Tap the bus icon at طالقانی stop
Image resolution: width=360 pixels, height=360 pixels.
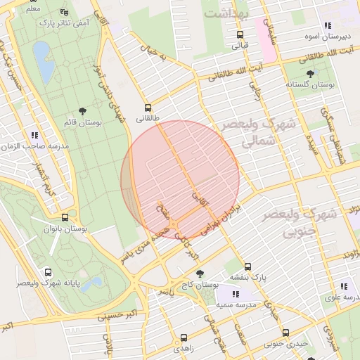click(148, 108)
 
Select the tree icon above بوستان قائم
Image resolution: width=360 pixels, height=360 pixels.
click(84, 110)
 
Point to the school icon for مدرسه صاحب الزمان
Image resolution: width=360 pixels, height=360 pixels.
click(34, 135)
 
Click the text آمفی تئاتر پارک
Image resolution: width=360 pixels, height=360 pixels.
click(74, 23)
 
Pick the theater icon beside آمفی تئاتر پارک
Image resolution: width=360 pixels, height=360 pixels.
click(65, 12)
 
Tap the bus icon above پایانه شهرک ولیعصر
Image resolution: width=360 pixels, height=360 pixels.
click(48, 272)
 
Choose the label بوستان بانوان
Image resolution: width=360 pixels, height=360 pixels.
click(65, 229)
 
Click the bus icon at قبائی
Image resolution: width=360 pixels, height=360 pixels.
click(240, 34)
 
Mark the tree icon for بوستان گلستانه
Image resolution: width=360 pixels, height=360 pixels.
click(309, 72)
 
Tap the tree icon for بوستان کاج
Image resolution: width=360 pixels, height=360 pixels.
click(200, 273)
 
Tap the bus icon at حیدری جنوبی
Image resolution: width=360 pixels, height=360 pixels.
click(269, 334)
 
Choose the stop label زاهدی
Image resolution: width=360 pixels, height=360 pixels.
click(184, 348)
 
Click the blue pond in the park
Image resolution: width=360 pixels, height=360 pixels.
click(41, 55)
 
